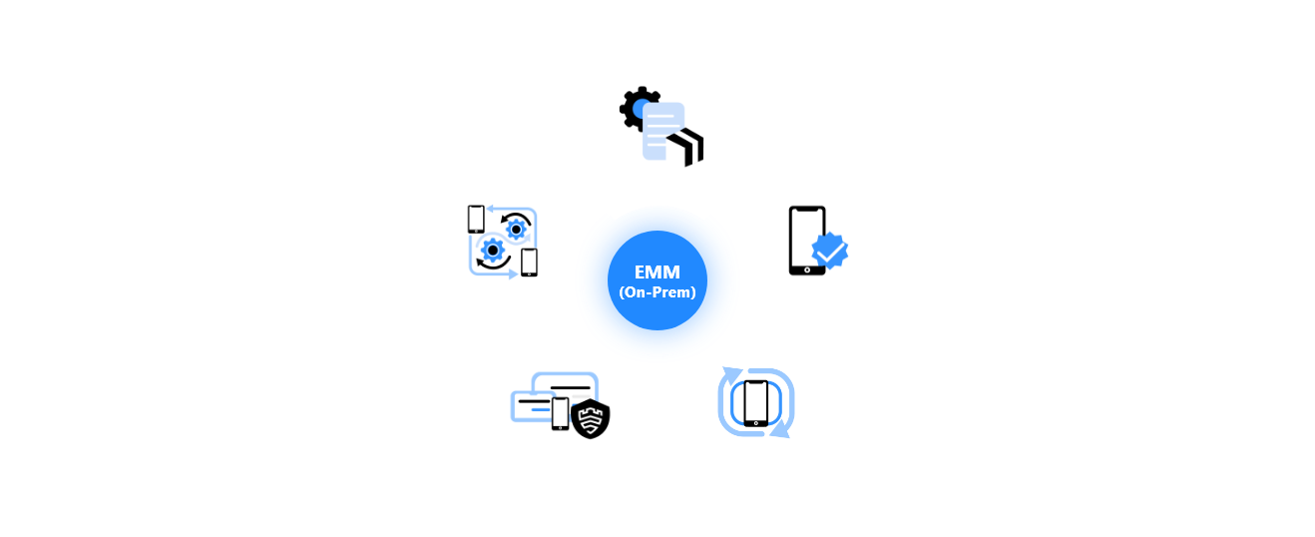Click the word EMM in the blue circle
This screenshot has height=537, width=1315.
657,272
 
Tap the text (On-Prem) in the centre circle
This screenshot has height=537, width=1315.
657,292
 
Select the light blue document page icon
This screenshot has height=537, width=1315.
663,131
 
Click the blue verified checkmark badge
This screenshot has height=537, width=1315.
829,251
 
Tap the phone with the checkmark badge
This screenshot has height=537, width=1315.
807,241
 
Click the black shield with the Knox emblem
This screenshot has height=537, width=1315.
590,418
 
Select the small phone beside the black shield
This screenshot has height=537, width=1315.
560,413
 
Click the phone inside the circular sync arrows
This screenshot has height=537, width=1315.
755,403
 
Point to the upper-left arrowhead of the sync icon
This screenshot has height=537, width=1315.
730,373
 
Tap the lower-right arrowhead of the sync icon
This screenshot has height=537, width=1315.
781,431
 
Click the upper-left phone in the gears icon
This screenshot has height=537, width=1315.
476,220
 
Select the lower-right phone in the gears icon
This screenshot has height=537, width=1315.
529,263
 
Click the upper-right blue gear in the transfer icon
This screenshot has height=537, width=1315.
516,230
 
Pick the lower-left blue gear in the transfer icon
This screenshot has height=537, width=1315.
493,251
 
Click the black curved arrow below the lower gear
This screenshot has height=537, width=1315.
492,265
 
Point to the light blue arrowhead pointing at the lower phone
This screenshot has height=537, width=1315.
513,273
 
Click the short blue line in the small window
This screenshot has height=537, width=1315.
541,409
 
